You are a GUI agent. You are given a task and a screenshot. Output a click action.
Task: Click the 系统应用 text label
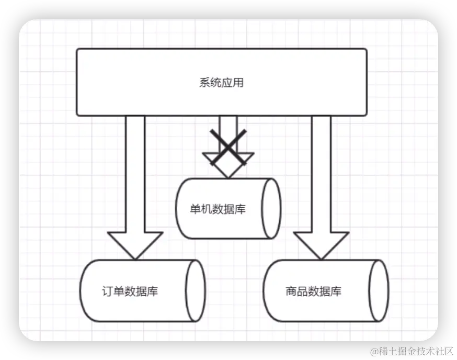221,83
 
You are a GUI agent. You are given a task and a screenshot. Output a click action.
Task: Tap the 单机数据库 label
218,209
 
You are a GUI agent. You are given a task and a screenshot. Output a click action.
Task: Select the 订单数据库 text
130,291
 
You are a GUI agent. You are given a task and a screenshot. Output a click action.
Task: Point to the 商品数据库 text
314,291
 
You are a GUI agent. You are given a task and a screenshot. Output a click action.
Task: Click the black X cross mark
228,148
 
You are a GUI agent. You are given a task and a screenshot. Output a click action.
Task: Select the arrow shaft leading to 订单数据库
135,173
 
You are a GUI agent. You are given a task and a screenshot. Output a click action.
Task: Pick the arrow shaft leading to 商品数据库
321,173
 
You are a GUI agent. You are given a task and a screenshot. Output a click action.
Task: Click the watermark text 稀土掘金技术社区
410,350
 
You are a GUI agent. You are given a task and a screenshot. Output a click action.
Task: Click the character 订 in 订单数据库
107,291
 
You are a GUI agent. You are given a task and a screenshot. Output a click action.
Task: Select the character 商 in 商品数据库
291,291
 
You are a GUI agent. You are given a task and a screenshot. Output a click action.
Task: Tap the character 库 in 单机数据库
240,209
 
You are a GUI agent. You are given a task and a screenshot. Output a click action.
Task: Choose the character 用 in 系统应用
238,83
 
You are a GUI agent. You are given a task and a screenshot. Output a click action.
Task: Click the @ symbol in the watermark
373,350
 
